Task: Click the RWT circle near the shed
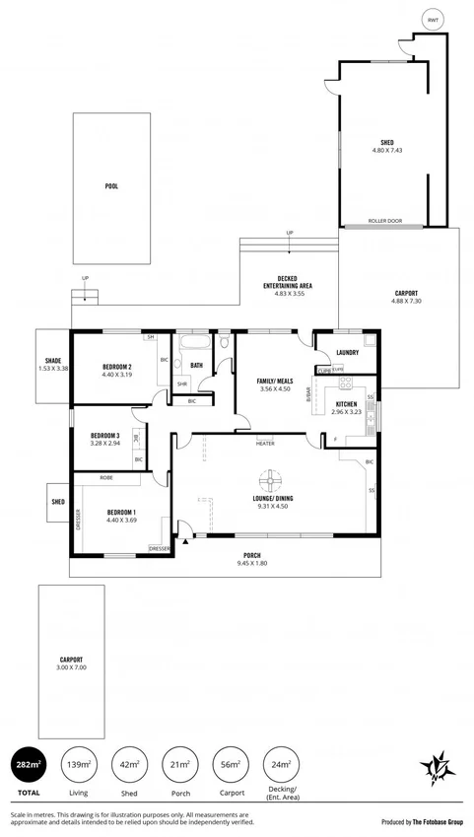(431, 20)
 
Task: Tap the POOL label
(111, 185)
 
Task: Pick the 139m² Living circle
(78, 764)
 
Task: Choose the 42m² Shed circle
(128, 764)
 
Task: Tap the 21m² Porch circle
(179, 764)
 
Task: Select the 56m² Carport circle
(230, 764)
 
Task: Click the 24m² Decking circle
(281, 764)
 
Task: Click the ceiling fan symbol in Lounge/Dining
(267, 482)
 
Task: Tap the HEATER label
(265, 444)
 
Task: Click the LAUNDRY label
(347, 352)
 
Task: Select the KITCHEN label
(346, 404)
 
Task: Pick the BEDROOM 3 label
(104, 436)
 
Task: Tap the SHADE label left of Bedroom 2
(53, 361)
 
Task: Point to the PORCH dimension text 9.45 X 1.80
(253, 564)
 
